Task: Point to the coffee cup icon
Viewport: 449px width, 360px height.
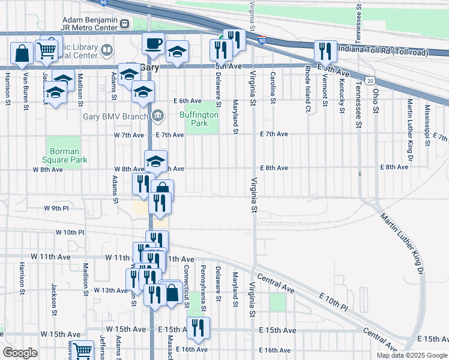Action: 152,44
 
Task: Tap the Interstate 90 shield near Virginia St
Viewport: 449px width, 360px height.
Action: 262,40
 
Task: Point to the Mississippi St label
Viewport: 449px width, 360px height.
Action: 427,125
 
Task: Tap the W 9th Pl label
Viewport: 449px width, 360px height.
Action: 57,208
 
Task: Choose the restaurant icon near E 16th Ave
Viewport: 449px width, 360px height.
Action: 197,328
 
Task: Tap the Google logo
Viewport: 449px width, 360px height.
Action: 20,353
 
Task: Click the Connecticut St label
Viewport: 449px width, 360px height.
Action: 187,283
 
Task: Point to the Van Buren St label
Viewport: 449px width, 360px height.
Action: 26,92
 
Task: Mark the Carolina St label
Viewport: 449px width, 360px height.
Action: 273,88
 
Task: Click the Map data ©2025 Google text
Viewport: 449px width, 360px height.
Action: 412,355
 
